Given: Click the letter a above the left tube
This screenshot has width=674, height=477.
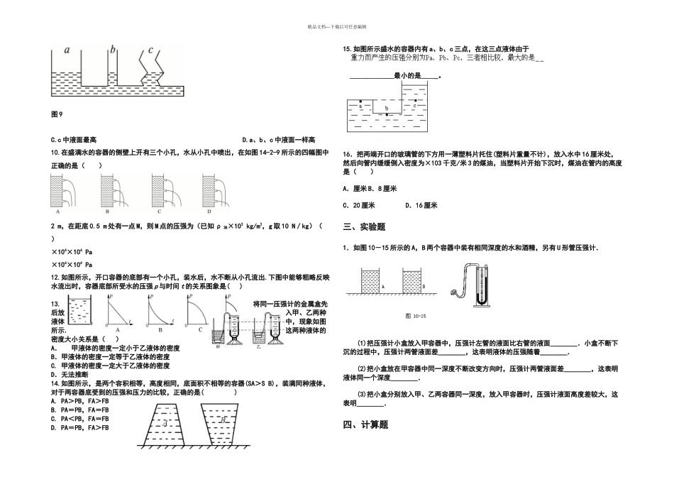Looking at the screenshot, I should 67,50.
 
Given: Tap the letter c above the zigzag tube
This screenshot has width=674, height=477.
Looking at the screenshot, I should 150,50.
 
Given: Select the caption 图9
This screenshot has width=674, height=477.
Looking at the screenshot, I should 57,114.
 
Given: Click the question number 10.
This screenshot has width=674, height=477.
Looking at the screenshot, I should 55,152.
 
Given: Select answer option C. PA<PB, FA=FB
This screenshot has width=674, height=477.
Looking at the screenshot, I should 80,419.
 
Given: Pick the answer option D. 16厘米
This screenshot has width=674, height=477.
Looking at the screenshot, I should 421,206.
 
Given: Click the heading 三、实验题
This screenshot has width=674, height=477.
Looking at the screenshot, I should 364,227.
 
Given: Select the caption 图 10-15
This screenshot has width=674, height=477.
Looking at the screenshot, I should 415,314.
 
